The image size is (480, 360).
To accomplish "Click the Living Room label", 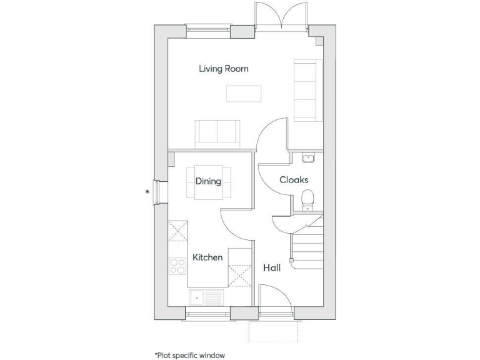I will (x=223, y=69).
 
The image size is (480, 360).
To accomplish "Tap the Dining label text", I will (x=208, y=182).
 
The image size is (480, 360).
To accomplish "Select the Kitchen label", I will (x=207, y=257).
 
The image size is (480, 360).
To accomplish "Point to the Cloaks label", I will (x=293, y=180).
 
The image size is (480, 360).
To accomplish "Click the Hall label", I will (x=271, y=268).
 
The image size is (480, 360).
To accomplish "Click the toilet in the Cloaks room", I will (x=307, y=199).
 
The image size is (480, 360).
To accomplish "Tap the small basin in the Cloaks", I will (x=306, y=157).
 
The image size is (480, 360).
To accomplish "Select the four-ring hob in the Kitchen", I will (x=177, y=267).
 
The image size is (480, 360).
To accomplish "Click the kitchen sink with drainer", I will (x=206, y=297).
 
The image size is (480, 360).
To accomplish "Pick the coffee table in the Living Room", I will (x=243, y=92).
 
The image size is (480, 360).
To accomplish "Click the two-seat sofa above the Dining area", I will (x=217, y=132).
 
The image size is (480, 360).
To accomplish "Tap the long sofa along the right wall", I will (x=306, y=90).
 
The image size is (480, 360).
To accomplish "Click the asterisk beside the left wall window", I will (x=147, y=192).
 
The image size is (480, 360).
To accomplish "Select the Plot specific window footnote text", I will (x=189, y=355).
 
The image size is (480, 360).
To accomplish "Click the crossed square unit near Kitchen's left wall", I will (x=178, y=230).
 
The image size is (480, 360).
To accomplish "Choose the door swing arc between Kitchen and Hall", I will (x=235, y=224).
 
